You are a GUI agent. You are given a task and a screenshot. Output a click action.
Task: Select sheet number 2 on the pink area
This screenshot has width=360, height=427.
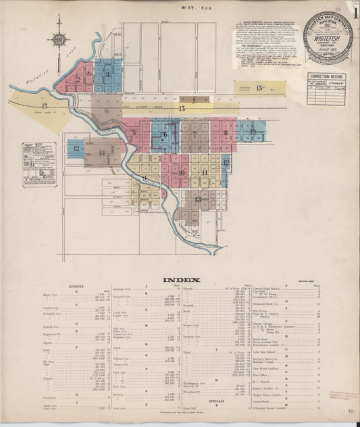click(x=78, y=79)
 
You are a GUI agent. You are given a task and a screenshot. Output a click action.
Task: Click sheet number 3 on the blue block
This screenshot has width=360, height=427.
click(x=107, y=74)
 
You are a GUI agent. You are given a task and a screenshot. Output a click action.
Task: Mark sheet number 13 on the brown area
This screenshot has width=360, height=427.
click(x=198, y=199)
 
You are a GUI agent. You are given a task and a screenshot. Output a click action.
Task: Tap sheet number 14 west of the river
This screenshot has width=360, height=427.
click(x=101, y=153)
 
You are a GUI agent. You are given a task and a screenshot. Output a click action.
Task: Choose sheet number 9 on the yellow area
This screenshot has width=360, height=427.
click(x=145, y=178)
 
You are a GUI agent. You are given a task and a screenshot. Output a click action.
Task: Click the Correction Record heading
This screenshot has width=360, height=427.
click(x=327, y=78)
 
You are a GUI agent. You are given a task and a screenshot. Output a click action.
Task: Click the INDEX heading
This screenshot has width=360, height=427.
click(x=180, y=279)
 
